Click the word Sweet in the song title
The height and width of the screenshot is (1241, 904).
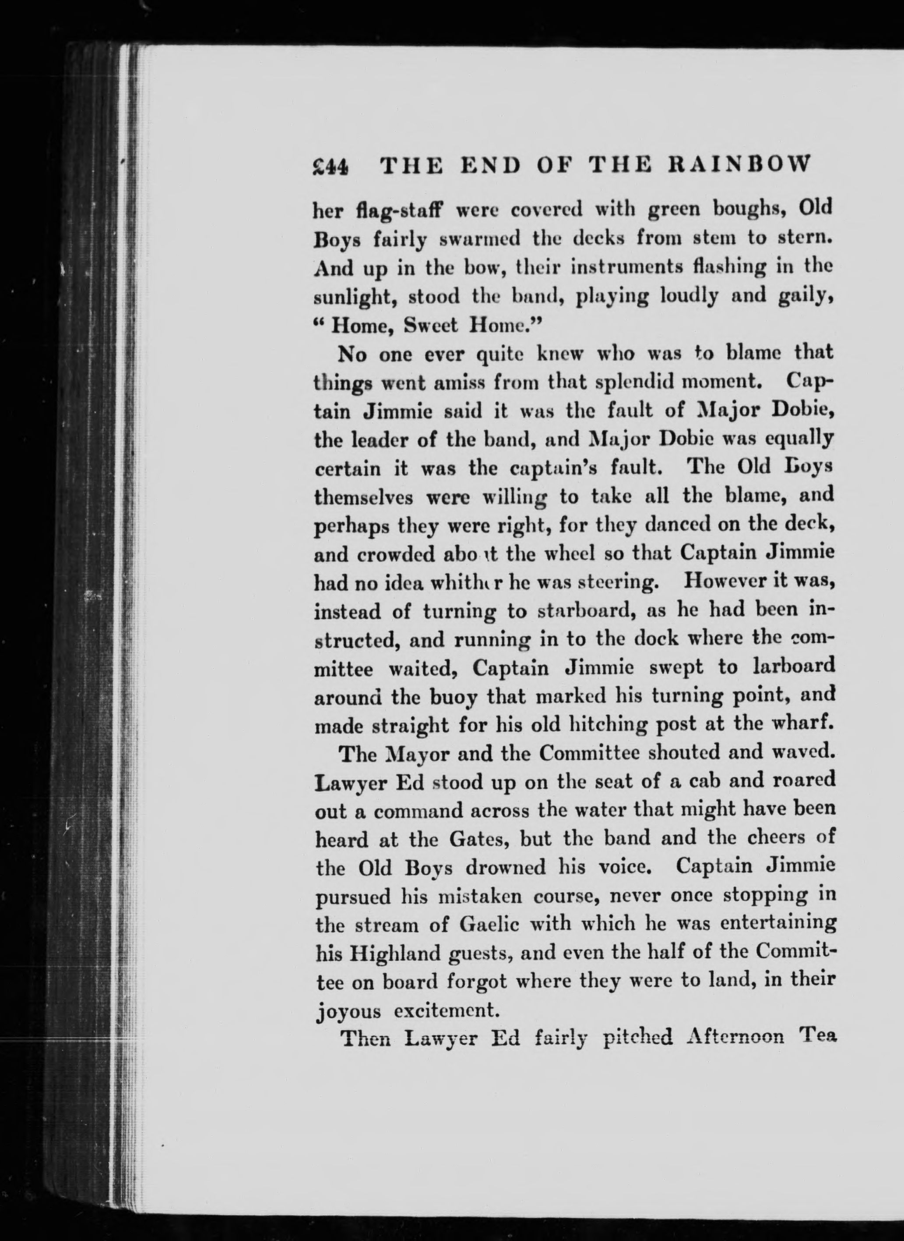pyautogui.click(x=430, y=326)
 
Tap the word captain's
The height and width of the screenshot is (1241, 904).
pyautogui.click(x=552, y=468)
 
